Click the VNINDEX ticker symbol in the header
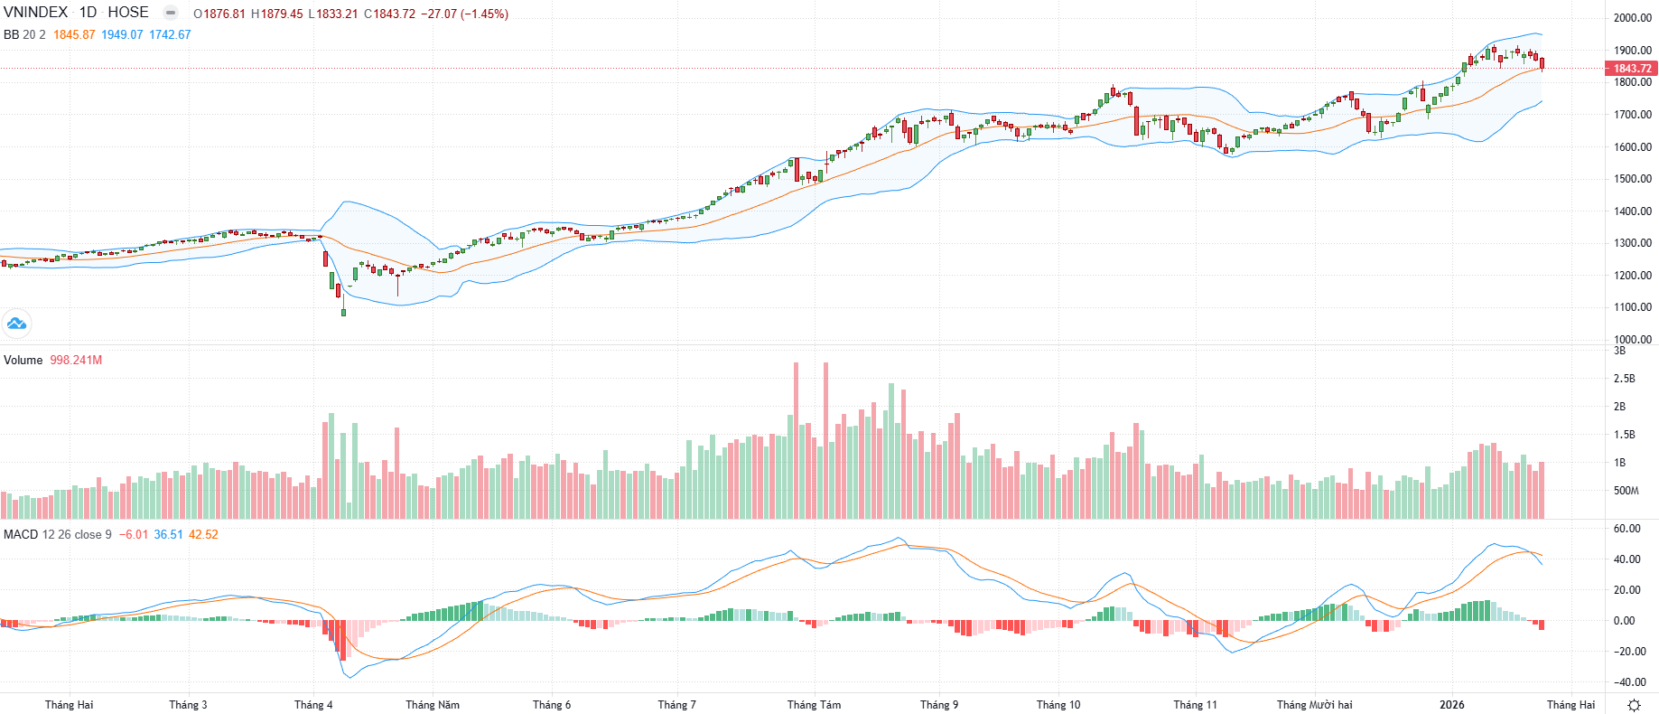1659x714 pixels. tap(36, 13)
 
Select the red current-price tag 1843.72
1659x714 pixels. tap(1631, 69)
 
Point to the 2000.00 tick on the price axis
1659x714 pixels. tap(1632, 18)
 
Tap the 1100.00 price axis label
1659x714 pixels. tap(1632, 307)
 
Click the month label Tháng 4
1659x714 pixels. tap(313, 705)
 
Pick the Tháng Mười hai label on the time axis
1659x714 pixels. tap(1314, 705)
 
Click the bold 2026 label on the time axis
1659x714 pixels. tap(1451, 705)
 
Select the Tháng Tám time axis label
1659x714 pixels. tap(814, 705)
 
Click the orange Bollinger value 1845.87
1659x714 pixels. tap(74, 34)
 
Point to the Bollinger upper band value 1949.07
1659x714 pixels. tap(122, 34)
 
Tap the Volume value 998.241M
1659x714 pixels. tap(76, 360)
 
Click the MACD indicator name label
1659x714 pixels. tap(21, 534)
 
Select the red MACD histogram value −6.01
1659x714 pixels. tap(134, 534)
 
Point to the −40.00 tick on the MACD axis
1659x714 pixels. tap(1629, 682)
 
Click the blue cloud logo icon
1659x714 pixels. tap(16, 323)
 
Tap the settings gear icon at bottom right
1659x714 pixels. tap(1633, 705)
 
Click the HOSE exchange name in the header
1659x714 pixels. tap(128, 13)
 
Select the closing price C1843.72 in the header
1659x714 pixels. tap(389, 14)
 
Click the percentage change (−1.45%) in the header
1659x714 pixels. tap(485, 14)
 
